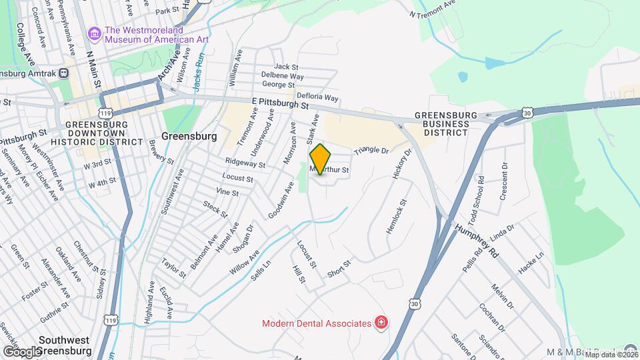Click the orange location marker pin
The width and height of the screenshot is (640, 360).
(320, 159)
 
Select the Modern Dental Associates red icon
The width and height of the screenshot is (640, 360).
(381, 323)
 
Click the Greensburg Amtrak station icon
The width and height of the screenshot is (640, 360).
(63, 73)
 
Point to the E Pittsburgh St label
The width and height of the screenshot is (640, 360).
(280, 103)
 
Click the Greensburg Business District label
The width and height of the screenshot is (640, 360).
(446, 123)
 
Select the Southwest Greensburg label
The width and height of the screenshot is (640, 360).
(64, 345)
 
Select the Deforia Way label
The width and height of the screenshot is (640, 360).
(317, 97)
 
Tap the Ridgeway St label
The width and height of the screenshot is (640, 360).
(245, 163)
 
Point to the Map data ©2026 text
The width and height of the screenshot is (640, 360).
(611, 355)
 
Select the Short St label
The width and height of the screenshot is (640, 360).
(339, 269)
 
